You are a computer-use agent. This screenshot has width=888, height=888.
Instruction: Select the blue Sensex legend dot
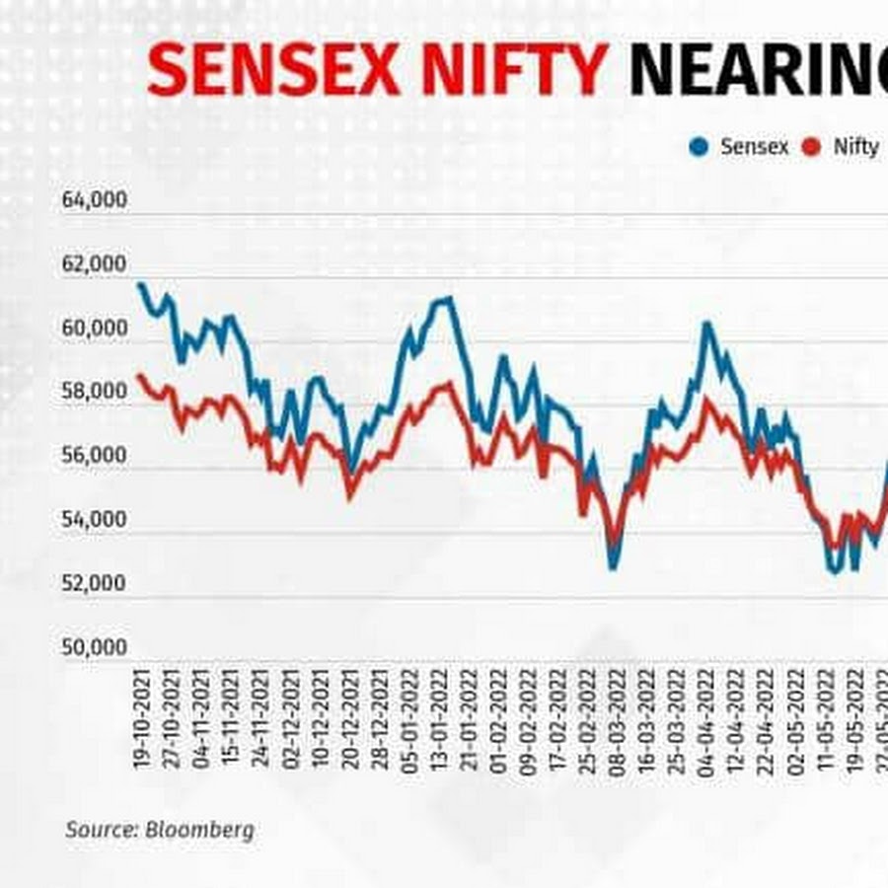tap(701, 147)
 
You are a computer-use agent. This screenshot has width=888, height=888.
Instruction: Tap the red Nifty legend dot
tap(813, 147)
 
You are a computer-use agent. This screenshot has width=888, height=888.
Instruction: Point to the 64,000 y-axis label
tap(95, 200)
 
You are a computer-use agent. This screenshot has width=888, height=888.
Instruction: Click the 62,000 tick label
tap(95, 264)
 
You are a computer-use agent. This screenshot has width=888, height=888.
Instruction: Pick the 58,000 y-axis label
tap(95, 392)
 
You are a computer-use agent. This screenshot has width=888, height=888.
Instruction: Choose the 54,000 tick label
tap(95, 519)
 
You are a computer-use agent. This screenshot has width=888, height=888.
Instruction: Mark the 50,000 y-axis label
tap(95, 647)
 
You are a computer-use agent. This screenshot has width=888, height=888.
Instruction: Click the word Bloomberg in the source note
tap(199, 830)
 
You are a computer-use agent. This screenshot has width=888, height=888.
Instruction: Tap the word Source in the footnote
tap(102, 830)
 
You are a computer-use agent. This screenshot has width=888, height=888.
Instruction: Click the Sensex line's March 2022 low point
tap(614, 566)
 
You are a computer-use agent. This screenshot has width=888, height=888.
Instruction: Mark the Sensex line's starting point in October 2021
tap(140, 285)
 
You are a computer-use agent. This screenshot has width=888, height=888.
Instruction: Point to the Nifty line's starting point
tap(140, 375)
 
